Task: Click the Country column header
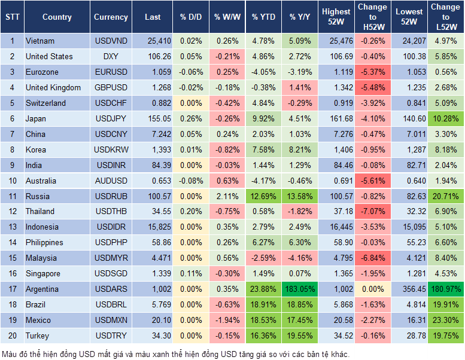pyautogui.click(x=57, y=17)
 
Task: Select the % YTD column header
pyautogui.click(x=263, y=17)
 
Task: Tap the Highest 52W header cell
pyautogui.click(x=336, y=17)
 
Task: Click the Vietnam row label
pyautogui.click(x=40, y=41)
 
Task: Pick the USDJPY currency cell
pyautogui.click(x=111, y=119)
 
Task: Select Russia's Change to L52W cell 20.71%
pyautogui.click(x=445, y=196)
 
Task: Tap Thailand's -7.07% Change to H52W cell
pyautogui.click(x=372, y=212)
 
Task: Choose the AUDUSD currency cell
pyautogui.click(x=111, y=181)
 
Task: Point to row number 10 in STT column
pyautogui.click(x=12, y=181)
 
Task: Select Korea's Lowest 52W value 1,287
pyautogui.click(x=409, y=150)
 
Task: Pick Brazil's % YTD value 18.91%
pyautogui.click(x=264, y=305)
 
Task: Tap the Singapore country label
pyautogui.click(x=43, y=274)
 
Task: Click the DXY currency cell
pyautogui.click(x=111, y=57)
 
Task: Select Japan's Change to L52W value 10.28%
pyautogui.click(x=445, y=119)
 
